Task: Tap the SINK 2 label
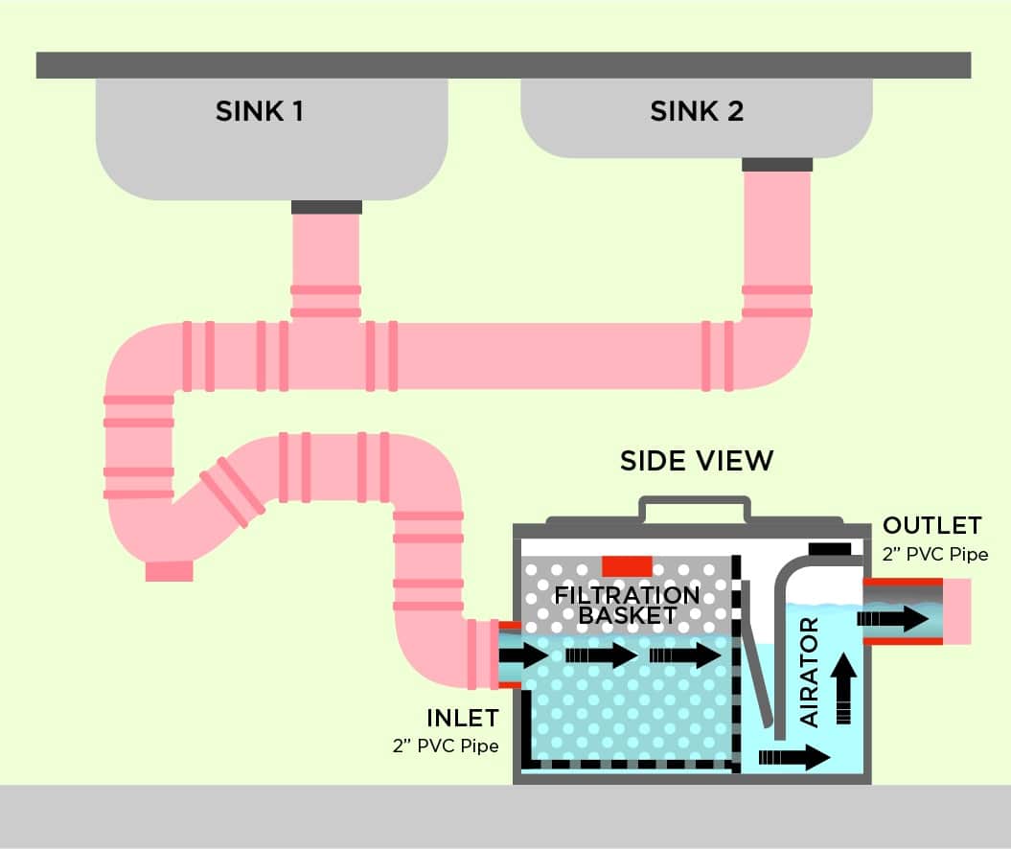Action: pos(697,112)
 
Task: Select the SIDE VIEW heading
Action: pos(696,461)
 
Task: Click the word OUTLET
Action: pos(931,526)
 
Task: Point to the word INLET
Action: pos(463,718)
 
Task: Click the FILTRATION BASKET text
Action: pos(628,605)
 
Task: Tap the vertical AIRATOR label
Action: pos(809,672)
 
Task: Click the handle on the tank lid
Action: pos(695,508)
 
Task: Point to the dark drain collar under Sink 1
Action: pos(326,207)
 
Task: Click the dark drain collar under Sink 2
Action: pos(777,165)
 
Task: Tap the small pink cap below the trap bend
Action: pos(169,571)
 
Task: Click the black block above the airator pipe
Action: pos(830,549)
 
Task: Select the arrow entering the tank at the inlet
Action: pos(523,656)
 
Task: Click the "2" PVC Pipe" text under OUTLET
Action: pos(935,554)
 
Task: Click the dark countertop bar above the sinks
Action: pos(503,65)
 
